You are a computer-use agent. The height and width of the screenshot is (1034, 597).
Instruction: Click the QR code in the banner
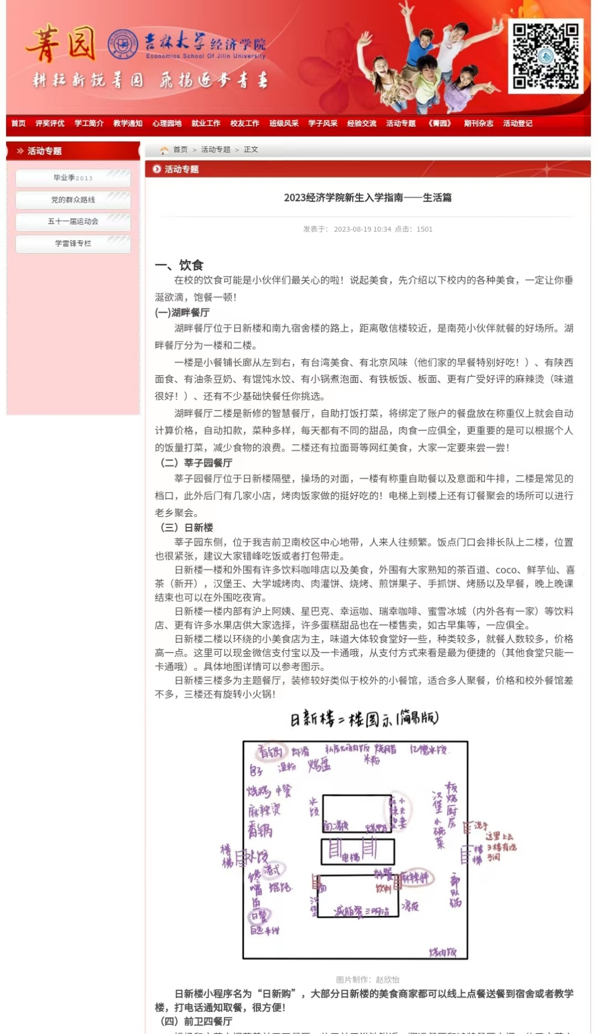545,56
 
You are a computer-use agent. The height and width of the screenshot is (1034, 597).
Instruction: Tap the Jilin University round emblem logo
123,45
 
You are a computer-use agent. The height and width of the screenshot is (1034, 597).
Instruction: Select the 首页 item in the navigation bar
18,123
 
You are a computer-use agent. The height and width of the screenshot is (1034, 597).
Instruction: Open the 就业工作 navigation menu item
205,123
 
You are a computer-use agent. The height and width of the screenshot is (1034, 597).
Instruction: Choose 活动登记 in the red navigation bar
517,123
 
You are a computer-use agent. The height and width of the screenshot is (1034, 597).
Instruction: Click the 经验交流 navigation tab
362,123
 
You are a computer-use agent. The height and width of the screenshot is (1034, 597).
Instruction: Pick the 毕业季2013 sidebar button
73,178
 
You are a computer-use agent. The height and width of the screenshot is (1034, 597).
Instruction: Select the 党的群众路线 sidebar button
73,200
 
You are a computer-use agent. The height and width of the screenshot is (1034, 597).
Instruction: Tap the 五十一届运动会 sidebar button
73,222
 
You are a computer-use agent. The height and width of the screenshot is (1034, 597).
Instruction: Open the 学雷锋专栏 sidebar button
73,243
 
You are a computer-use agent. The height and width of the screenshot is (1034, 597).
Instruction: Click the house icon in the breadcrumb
164,150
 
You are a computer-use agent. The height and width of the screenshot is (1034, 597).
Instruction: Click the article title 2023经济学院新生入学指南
367,198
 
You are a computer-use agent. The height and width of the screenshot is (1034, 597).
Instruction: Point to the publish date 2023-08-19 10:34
362,229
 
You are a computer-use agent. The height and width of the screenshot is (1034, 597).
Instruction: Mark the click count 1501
424,229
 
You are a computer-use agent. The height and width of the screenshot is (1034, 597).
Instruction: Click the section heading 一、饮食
179,265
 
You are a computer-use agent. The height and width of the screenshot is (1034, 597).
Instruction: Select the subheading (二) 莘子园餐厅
196,463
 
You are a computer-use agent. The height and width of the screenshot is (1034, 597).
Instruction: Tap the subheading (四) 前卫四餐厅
196,1021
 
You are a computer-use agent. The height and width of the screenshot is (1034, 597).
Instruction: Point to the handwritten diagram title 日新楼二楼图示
364,719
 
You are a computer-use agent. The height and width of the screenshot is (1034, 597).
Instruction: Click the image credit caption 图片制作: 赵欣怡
367,980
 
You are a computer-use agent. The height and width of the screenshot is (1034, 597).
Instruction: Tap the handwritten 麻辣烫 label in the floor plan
264,810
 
